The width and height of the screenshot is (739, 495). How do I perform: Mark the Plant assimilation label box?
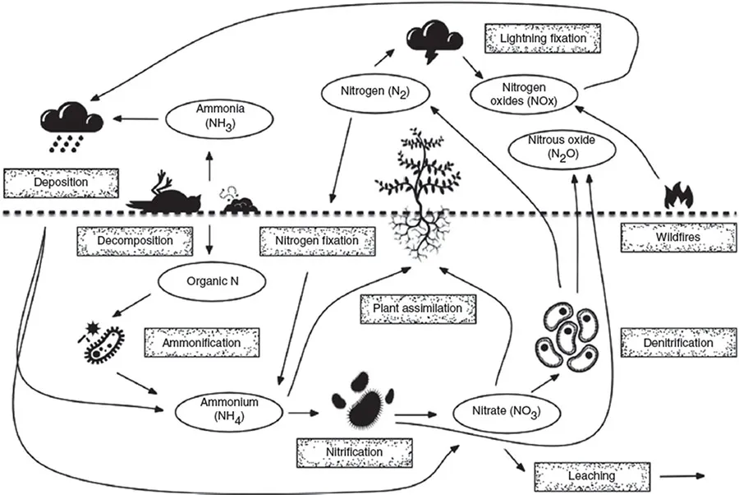pyautogui.click(x=419, y=308)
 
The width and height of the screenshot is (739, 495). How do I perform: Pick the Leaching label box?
pyautogui.click(x=585, y=476)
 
